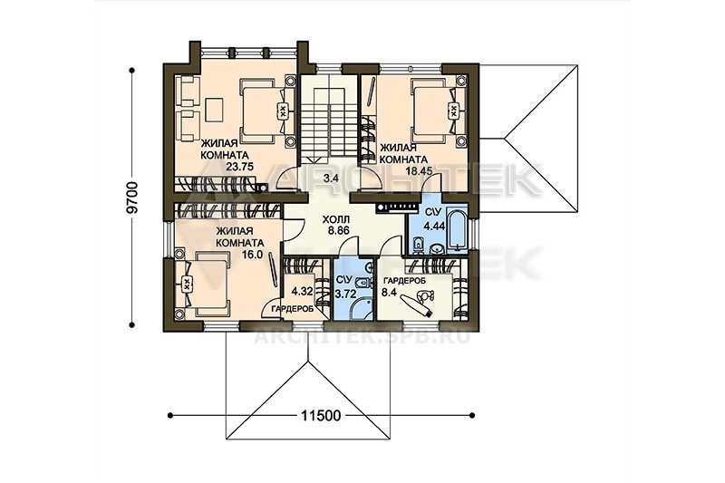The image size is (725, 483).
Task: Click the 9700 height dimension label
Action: (x=132, y=198)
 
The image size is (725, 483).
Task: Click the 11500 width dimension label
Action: (x=321, y=416)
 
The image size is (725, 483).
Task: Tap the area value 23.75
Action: (x=240, y=167)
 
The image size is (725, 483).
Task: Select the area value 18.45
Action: (x=419, y=170)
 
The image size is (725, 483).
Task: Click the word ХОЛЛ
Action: (x=336, y=219)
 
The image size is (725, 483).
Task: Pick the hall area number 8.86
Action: (x=338, y=229)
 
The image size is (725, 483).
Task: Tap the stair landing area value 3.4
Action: (x=331, y=179)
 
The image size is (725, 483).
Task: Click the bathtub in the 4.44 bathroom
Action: (x=456, y=229)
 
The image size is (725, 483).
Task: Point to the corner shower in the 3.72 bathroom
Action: (x=361, y=307)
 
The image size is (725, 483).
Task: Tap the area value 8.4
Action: (x=389, y=292)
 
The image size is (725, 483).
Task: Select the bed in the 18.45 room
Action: (x=436, y=111)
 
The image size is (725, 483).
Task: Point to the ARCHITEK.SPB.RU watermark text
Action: (x=362, y=336)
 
